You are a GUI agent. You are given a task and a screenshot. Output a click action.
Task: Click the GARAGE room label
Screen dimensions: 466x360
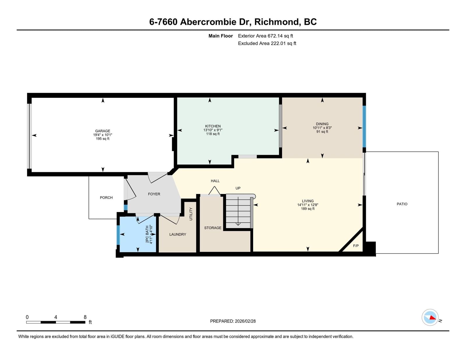tap(103, 131)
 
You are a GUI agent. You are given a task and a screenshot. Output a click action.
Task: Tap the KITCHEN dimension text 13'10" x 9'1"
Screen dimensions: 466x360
tap(213, 130)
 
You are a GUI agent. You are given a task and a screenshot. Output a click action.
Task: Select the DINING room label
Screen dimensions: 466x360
tap(322, 124)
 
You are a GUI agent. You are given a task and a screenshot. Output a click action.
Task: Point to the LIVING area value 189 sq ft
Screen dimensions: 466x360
tap(308, 209)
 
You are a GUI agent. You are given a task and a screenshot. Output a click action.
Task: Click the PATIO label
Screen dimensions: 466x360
tap(402, 204)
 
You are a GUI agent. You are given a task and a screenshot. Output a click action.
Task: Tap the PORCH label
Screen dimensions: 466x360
tap(106, 197)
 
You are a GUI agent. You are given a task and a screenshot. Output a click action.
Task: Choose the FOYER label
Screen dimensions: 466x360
tap(154, 194)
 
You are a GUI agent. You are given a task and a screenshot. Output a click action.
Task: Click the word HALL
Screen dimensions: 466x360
tap(215, 181)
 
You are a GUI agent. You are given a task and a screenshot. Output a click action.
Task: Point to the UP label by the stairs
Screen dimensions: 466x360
tap(238, 188)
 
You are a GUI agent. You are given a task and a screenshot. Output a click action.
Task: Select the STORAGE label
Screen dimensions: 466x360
tap(213, 228)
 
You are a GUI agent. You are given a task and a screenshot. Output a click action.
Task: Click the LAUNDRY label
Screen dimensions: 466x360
tap(178, 234)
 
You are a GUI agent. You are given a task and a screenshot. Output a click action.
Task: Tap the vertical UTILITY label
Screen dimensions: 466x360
tap(191, 214)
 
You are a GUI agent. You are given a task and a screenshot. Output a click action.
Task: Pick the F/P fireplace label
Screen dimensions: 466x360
tap(356, 246)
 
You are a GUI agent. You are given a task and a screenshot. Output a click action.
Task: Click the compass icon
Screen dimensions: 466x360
tap(430, 317)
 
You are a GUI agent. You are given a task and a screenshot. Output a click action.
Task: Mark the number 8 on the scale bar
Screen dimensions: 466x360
tap(85, 317)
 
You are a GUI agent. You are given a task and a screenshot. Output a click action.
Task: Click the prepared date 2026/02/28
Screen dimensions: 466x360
tap(245, 321)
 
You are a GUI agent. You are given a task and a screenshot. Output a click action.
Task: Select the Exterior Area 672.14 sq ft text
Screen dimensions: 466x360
tap(265, 36)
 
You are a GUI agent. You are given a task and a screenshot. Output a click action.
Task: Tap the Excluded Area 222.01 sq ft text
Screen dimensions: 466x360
tap(267, 43)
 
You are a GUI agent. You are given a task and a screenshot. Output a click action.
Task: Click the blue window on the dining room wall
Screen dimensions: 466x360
tap(364, 126)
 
